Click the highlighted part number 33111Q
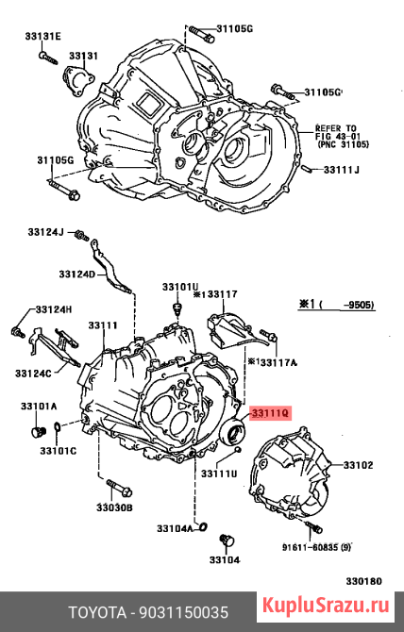(270, 413)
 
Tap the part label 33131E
(43, 36)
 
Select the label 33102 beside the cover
(358, 465)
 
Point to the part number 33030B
(114, 507)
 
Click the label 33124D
(77, 274)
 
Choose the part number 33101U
(181, 287)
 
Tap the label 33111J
(341, 170)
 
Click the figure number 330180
(363, 581)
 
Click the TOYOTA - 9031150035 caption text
(149, 612)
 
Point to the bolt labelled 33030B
(120, 488)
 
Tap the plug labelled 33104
(227, 541)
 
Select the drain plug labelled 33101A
(39, 432)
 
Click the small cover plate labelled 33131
(77, 81)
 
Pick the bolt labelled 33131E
(49, 58)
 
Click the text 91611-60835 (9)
(316, 547)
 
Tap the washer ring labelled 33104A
(204, 526)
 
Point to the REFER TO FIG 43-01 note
(343, 136)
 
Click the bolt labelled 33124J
(82, 236)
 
